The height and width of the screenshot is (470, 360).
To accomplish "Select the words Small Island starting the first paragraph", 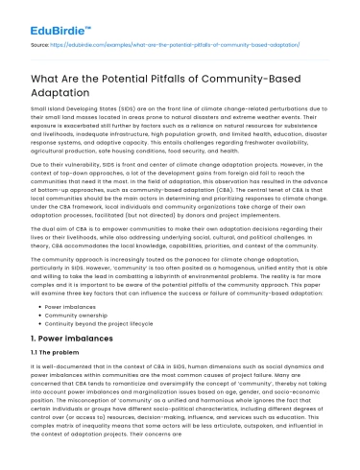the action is (x=48, y=112).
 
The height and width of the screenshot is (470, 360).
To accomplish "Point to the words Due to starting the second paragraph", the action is (x=44, y=162).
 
